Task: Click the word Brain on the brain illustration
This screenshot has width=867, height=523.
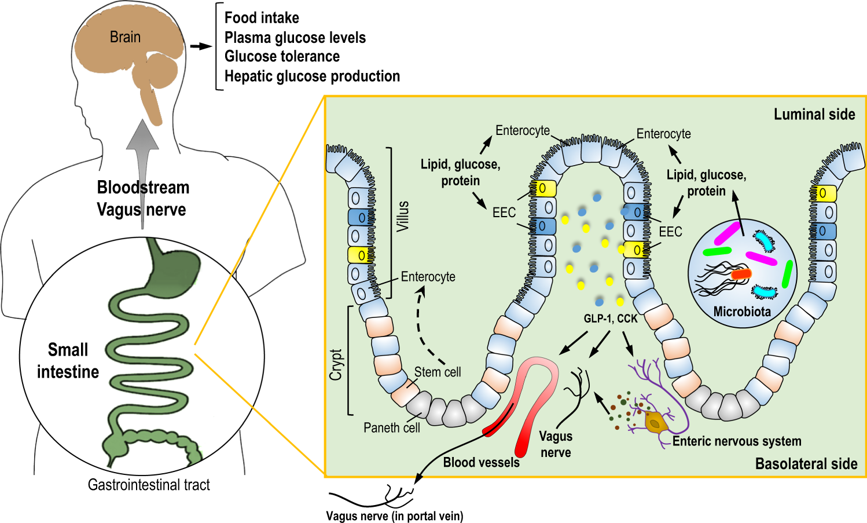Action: pyautogui.click(x=125, y=37)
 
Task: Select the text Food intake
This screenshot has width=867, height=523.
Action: pyautogui.click(x=262, y=18)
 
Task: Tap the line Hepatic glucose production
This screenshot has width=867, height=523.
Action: pyautogui.click(x=312, y=76)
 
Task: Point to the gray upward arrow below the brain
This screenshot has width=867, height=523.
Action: pyautogui.click(x=142, y=151)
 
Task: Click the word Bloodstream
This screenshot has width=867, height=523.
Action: pyautogui.click(x=143, y=188)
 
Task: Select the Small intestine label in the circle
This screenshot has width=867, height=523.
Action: pyautogui.click(x=68, y=360)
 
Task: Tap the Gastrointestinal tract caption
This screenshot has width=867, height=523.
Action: pyautogui.click(x=149, y=485)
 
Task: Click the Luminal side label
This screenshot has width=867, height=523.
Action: pyautogui.click(x=814, y=115)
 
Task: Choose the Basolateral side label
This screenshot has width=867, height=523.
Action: pyautogui.click(x=806, y=464)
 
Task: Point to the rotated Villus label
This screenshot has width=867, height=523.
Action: pyautogui.click(x=403, y=216)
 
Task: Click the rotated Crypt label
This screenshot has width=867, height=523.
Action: pyautogui.click(x=336, y=364)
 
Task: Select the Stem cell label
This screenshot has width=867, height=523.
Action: pyautogui.click(x=438, y=372)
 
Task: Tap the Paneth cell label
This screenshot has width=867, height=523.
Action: pyautogui.click(x=391, y=427)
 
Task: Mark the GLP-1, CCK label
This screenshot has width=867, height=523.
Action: pyautogui.click(x=611, y=319)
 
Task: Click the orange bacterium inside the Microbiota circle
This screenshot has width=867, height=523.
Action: pyautogui.click(x=741, y=274)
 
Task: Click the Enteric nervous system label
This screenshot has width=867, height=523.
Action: pyautogui.click(x=737, y=441)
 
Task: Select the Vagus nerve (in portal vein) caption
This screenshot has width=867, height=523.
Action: pyautogui.click(x=395, y=516)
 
